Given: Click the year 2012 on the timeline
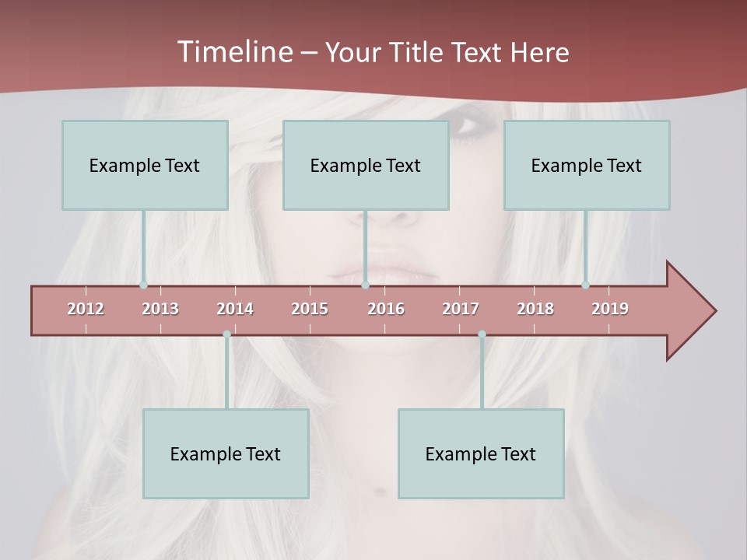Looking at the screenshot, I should click(x=86, y=309).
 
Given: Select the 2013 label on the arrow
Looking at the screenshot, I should click(x=160, y=309).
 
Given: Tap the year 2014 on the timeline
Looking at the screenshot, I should click(x=235, y=309).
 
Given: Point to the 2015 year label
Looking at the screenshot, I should click(x=310, y=309).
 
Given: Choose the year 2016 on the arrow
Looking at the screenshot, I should click(x=386, y=309).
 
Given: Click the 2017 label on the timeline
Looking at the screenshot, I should click(x=461, y=309).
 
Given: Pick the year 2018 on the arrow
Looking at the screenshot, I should click(x=535, y=309).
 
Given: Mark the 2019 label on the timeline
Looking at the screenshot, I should click(x=610, y=309).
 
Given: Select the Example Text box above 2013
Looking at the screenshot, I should click(x=145, y=165).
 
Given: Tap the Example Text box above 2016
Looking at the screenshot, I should click(x=366, y=165).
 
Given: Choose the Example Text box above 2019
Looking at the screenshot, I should click(x=587, y=165).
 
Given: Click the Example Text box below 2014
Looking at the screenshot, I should click(x=226, y=453).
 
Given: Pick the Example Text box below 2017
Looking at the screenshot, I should click(x=481, y=453).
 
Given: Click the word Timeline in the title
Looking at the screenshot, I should click(x=233, y=52).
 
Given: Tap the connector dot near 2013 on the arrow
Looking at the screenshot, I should click(x=143, y=285).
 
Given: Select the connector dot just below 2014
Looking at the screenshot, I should click(x=226, y=334).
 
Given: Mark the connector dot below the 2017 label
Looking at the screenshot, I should click(x=482, y=334).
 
